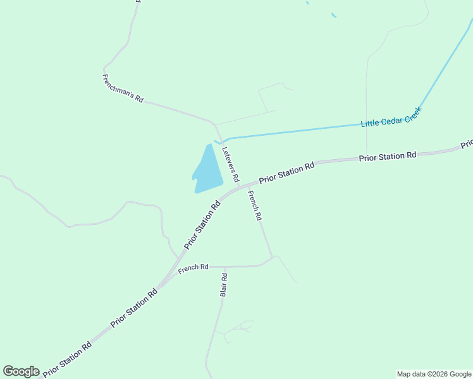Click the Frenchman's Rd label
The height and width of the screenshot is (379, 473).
[x=123, y=89]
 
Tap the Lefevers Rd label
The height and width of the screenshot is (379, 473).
[x=230, y=165]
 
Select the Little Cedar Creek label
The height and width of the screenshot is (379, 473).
[x=391, y=117]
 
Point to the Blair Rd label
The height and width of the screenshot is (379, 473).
[x=224, y=285]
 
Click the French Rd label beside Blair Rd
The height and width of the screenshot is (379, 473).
[x=193, y=268]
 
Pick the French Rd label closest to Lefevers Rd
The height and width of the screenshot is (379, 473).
[x=255, y=205]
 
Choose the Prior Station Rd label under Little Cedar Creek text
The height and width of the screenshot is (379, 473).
[x=388, y=155]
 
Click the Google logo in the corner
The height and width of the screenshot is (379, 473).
[x=21, y=371]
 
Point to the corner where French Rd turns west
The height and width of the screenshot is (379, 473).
[x=273, y=257]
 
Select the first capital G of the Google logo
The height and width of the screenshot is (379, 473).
[x=8, y=371]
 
